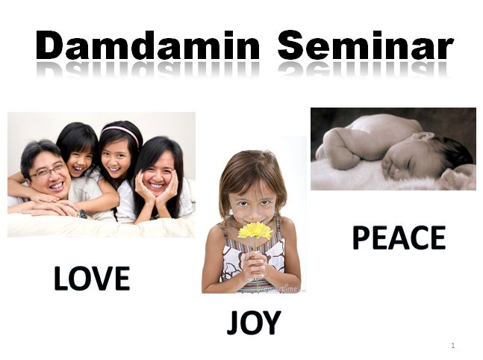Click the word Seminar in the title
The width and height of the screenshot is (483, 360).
[366, 46]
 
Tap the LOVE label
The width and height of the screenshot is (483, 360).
[92, 279]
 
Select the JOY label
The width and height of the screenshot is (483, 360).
[254, 323]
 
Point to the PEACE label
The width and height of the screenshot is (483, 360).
[399, 238]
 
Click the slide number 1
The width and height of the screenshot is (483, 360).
[453, 346]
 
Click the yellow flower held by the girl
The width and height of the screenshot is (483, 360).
[254, 231]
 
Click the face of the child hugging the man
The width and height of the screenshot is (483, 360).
[79, 155]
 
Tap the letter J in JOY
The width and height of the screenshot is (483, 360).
[233, 323]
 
